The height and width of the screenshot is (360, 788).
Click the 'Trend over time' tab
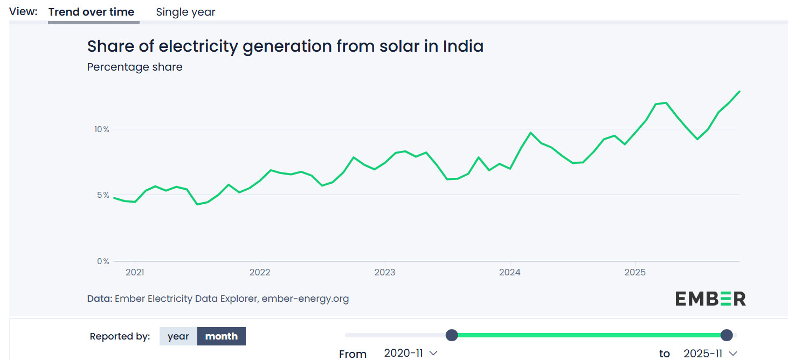(91, 12)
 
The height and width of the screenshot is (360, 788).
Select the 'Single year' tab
(185, 12)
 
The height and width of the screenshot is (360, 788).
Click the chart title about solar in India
(285, 46)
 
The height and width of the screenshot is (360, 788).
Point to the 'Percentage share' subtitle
(135, 67)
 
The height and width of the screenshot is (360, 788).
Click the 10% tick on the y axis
(102, 129)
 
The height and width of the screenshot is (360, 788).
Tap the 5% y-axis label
(103, 195)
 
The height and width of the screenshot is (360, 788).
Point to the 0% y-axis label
(103, 261)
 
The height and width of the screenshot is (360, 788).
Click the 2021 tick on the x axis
(135, 272)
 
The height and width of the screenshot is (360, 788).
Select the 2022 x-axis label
(260, 272)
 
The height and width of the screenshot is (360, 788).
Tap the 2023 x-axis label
(385, 272)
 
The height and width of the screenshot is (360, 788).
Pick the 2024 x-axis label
(510, 272)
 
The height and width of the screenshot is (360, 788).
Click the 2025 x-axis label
(635, 272)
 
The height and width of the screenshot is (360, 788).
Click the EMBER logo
(710, 299)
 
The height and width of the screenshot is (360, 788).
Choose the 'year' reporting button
(178, 336)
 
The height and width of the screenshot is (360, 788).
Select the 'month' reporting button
(222, 336)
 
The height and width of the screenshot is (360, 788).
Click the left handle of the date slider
(452, 335)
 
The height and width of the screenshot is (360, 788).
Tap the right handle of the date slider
(727, 335)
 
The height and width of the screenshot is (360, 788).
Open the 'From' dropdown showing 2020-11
(410, 354)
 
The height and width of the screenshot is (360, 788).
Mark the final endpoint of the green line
(739, 92)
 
